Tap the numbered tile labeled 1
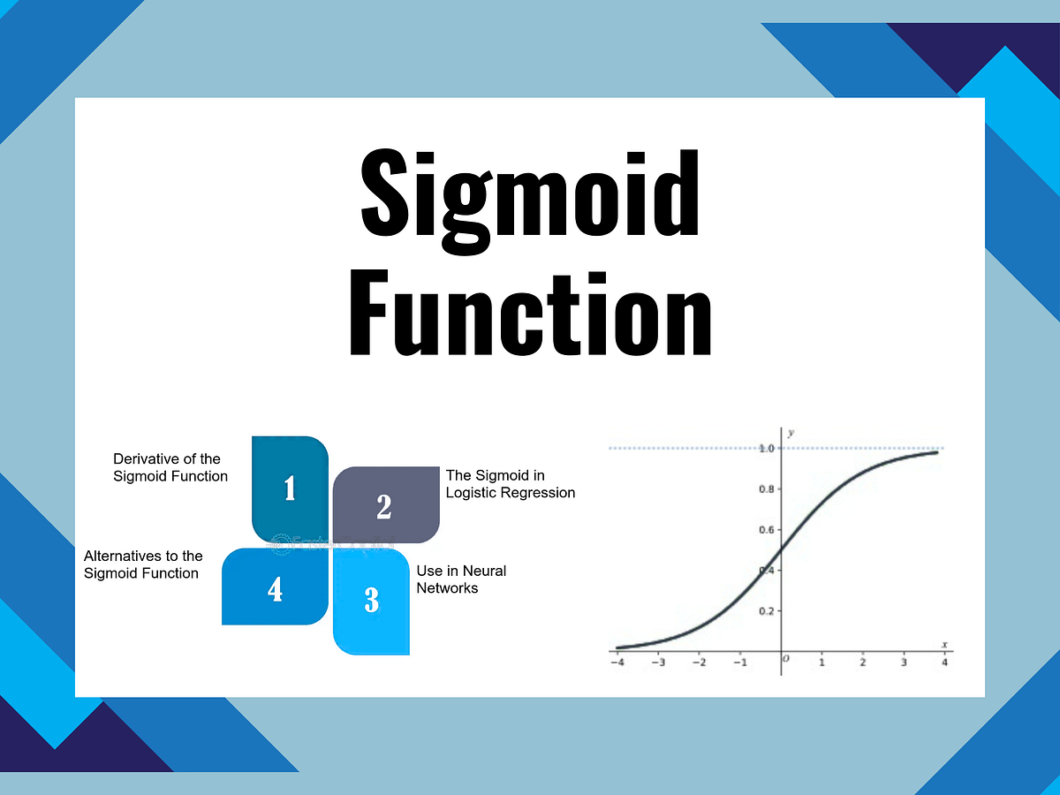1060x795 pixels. (x=290, y=488)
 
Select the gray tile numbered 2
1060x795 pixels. (x=384, y=505)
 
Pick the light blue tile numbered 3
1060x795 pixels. (x=372, y=601)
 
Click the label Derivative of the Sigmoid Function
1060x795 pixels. (x=170, y=467)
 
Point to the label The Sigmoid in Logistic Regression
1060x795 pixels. (x=511, y=484)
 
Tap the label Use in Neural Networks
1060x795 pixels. (x=461, y=579)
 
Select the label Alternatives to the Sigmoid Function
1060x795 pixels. (x=143, y=564)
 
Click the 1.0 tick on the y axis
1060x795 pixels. (x=767, y=449)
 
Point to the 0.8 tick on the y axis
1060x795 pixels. (x=767, y=489)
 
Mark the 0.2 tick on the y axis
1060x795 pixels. (x=767, y=611)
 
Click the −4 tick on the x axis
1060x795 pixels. (x=617, y=662)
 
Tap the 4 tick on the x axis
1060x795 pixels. (x=944, y=662)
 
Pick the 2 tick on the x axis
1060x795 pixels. (x=863, y=662)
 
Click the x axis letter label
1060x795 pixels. (x=944, y=645)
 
